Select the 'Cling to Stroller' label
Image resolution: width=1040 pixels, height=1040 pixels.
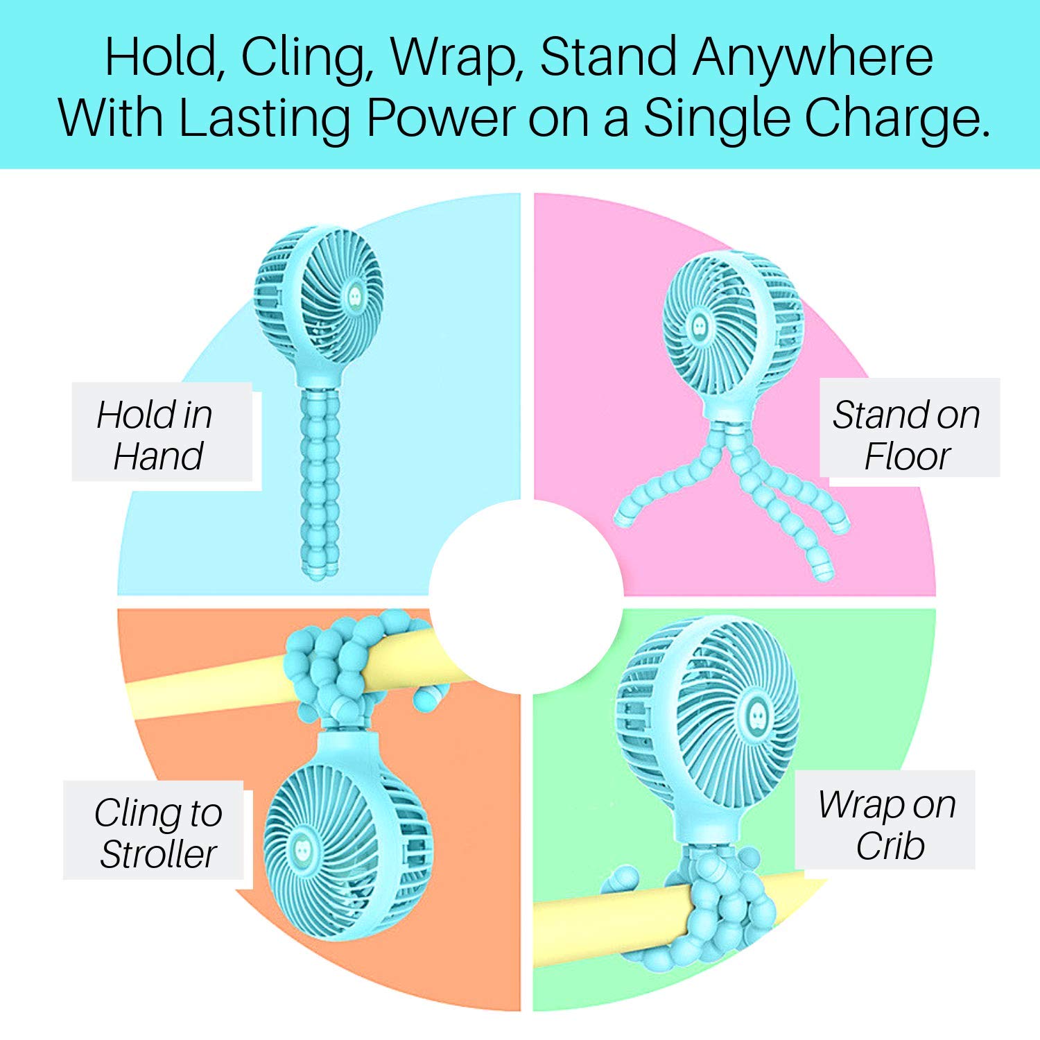pyautogui.click(x=157, y=833)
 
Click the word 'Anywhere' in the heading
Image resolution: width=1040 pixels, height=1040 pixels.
pyautogui.click(x=813, y=57)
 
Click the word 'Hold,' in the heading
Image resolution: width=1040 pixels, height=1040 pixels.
pyautogui.click(x=162, y=57)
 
